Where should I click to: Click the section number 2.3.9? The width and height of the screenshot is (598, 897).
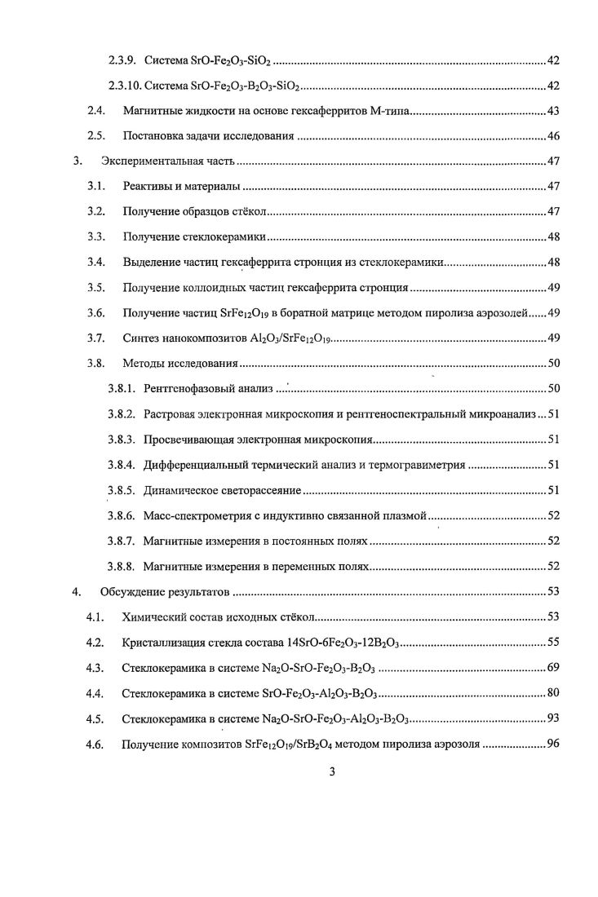[122, 61]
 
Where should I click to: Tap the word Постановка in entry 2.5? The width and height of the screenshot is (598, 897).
[152, 136]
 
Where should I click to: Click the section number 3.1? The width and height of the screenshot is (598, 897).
[95, 187]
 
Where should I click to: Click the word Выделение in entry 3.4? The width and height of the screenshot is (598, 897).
[149, 263]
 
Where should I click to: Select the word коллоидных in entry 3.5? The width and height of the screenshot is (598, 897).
[218, 288]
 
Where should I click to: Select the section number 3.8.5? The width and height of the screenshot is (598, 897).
[122, 490]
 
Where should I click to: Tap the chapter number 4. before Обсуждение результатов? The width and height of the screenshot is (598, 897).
[76, 591]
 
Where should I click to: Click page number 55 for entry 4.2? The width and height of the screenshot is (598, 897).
[552, 643]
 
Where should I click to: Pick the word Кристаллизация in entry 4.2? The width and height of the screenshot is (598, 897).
[162, 643]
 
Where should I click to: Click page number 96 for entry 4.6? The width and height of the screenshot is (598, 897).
[552, 744]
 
